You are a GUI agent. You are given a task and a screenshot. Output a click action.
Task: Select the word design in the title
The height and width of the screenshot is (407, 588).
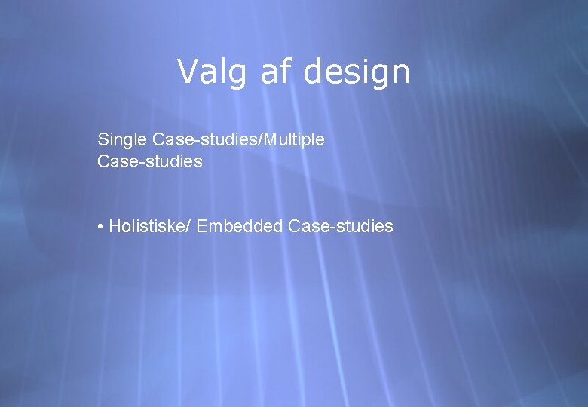pyautogui.click(x=357, y=72)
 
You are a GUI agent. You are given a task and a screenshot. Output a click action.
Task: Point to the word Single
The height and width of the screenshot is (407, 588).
pyautogui.click(x=122, y=140)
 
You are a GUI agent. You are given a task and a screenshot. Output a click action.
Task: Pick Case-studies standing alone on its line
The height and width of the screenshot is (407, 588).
pyautogui.click(x=150, y=161)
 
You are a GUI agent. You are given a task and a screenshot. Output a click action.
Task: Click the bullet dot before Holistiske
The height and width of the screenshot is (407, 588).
pyautogui.click(x=100, y=227)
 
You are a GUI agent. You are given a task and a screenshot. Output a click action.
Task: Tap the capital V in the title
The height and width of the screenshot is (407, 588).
pyautogui.click(x=187, y=72)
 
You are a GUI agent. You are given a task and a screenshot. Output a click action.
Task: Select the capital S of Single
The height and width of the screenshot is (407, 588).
pyautogui.click(x=103, y=139)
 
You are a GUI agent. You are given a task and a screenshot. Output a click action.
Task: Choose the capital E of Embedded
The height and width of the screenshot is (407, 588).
pyautogui.click(x=201, y=226)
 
